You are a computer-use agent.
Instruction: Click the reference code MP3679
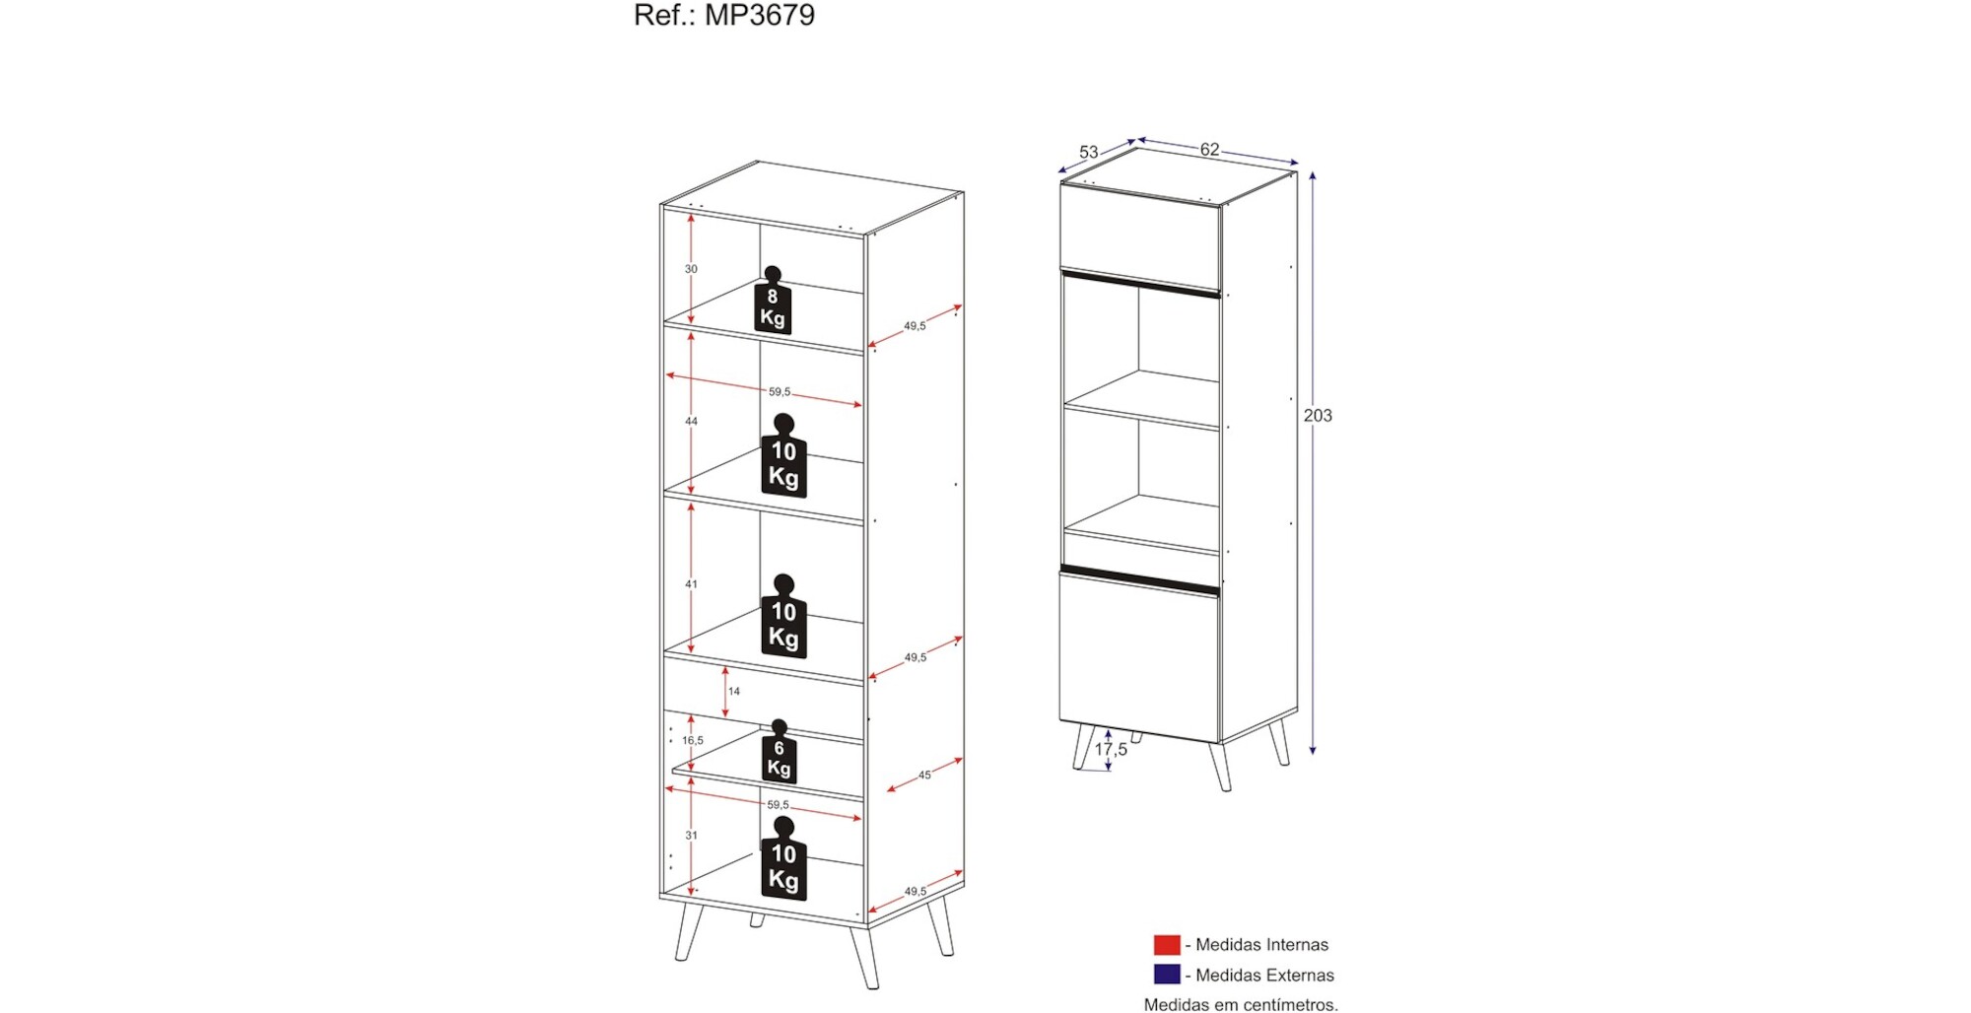[x=760, y=15]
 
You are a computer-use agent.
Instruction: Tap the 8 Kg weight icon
[x=773, y=301]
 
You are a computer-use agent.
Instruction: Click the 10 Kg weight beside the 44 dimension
[x=783, y=455]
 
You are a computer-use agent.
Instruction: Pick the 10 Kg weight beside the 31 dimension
[x=783, y=858]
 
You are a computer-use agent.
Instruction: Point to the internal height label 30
[x=691, y=269]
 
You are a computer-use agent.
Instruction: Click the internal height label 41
[x=691, y=584]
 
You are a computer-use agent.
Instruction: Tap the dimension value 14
[x=734, y=692]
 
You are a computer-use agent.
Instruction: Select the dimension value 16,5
[x=693, y=741]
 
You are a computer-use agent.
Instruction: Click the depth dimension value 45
[x=924, y=776]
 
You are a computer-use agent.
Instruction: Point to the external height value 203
[x=1318, y=416]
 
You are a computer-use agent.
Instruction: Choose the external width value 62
[x=1209, y=150]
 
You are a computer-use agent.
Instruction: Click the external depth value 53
[x=1088, y=153]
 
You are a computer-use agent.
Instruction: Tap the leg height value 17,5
[x=1111, y=750]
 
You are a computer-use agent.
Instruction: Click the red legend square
[x=1167, y=945]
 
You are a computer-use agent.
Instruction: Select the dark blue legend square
[x=1167, y=975]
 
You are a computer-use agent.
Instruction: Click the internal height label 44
[x=691, y=422]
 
